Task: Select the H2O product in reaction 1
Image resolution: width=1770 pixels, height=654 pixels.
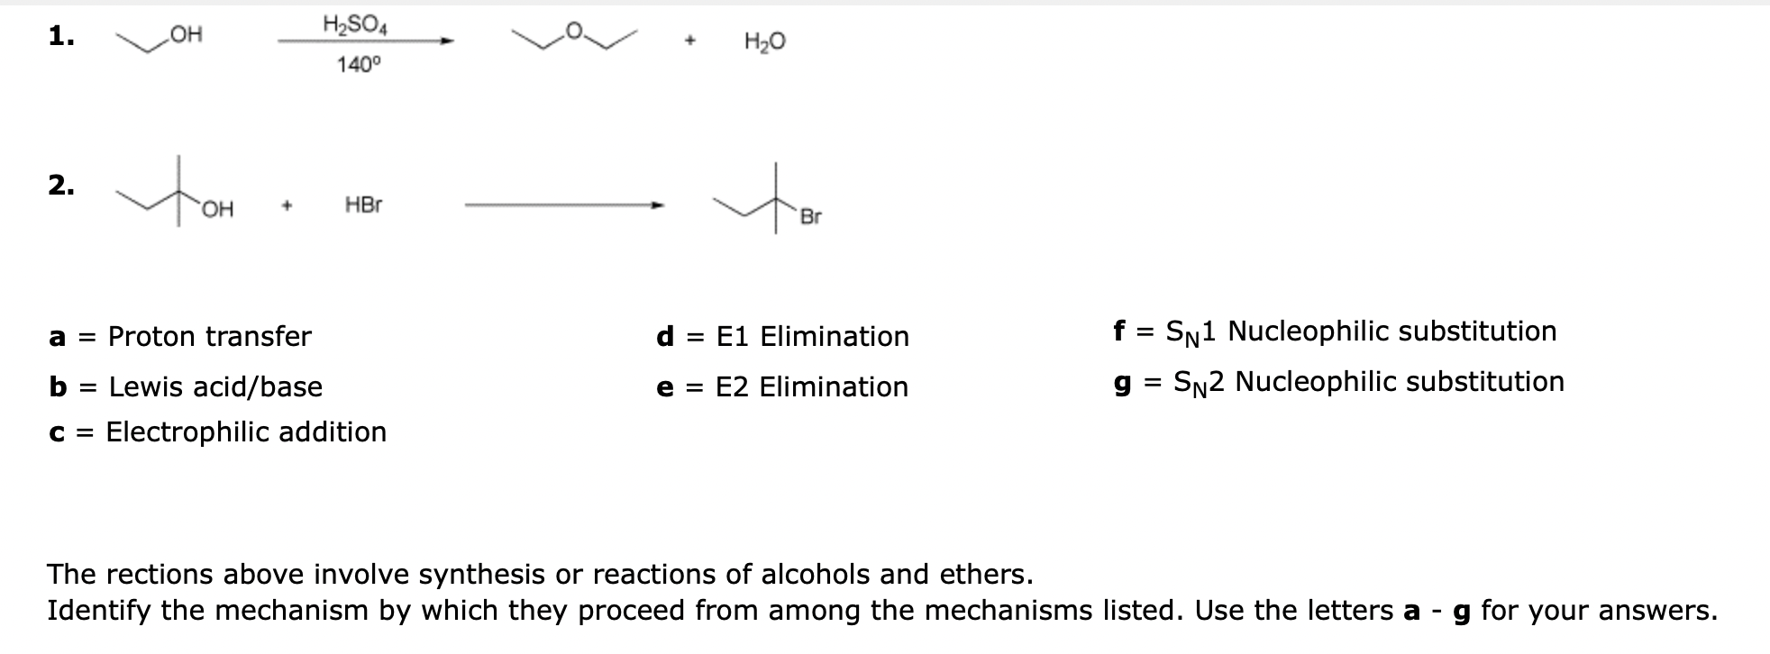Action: click(x=764, y=41)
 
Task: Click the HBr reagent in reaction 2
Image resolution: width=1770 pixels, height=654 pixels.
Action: click(x=363, y=205)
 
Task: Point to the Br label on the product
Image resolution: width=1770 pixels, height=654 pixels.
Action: click(x=810, y=217)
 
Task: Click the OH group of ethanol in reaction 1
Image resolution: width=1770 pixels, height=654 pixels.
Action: click(x=187, y=35)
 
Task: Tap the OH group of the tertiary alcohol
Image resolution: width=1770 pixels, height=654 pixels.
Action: click(x=217, y=210)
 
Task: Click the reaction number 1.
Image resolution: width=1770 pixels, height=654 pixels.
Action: click(x=60, y=36)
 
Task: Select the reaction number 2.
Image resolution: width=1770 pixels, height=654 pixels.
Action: click(x=60, y=186)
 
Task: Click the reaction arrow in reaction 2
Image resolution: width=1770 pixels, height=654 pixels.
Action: click(x=564, y=206)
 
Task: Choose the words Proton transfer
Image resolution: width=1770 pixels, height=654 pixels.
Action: click(x=209, y=337)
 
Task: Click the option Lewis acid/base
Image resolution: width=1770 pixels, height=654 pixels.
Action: click(x=215, y=387)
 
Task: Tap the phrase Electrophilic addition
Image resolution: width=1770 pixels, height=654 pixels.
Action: click(x=246, y=432)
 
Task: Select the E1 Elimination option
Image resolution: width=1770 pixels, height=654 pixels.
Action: click(x=812, y=337)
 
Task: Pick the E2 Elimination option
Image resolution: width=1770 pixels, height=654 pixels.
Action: click(x=811, y=387)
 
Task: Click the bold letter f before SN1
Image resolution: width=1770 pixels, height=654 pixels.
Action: click(x=1118, y=331)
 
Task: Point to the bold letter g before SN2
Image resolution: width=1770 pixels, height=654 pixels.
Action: click(x=1123, y=383)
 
